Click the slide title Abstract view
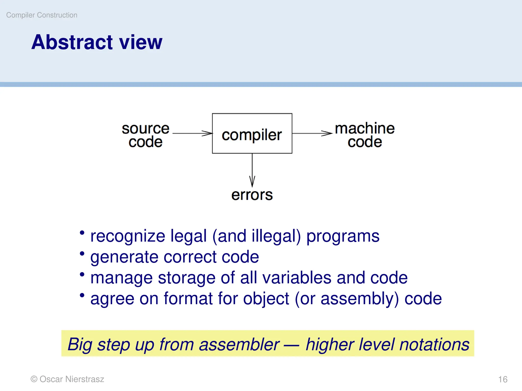(97, 42)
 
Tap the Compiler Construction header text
(42, 15)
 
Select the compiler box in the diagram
(252, 134)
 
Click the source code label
(146, 135)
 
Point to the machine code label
(365, 135)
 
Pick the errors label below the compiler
(252, 195)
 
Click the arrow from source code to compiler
(192, 133)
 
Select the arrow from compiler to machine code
(312, 133)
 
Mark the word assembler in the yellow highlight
(239, 344)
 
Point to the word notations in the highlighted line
(434, 344)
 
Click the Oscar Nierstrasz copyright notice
(67, 379)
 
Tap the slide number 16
(503, 380)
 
